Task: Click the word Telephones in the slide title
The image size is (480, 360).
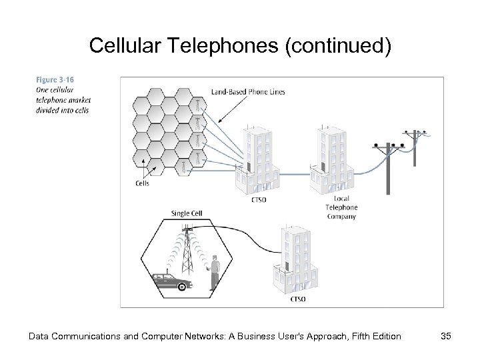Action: point(199,46)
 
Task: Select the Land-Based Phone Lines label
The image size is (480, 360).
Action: point(247,92)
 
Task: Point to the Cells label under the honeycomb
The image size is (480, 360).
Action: point(141,183)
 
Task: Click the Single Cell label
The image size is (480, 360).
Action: point(187,213)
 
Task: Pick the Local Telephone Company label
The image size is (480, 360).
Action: point(341,207)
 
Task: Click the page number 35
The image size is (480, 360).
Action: point(445,336)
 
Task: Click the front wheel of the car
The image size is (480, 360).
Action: point(182,287)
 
